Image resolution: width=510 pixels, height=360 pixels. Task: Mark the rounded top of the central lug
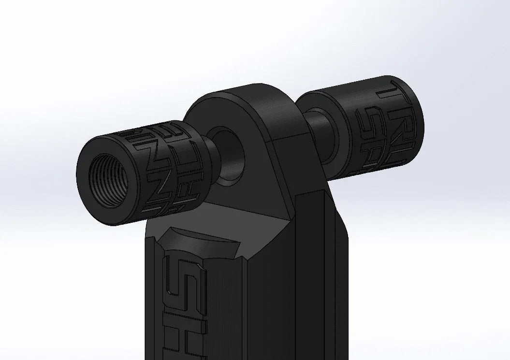242,92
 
